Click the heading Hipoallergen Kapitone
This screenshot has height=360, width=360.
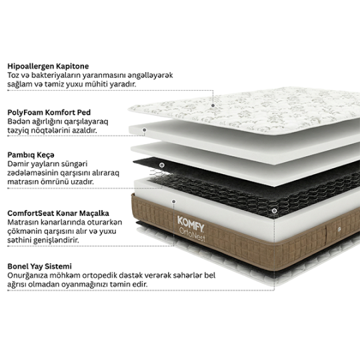(x=48, y=67)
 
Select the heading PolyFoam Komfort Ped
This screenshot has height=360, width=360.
(x=49, y=113)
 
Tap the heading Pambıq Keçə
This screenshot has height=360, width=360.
(x=31, y=155)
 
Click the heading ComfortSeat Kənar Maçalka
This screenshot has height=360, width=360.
(x=58, y=213)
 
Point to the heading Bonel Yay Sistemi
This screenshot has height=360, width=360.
(x=39, y=267)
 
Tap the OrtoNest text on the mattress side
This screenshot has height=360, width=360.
(x=192, y=235)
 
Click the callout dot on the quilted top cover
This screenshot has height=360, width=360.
(x=213, y=105)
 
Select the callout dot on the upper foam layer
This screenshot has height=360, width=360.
(x=145, y=130)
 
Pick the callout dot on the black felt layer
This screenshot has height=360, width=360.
(x=162, y=165)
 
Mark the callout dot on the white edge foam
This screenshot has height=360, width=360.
(x=174, y=202)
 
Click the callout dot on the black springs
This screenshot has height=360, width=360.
(x=274, y=211)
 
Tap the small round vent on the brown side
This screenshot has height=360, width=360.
(x=339, y=229)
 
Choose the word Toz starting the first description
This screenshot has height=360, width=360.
(x=13, y=75)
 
